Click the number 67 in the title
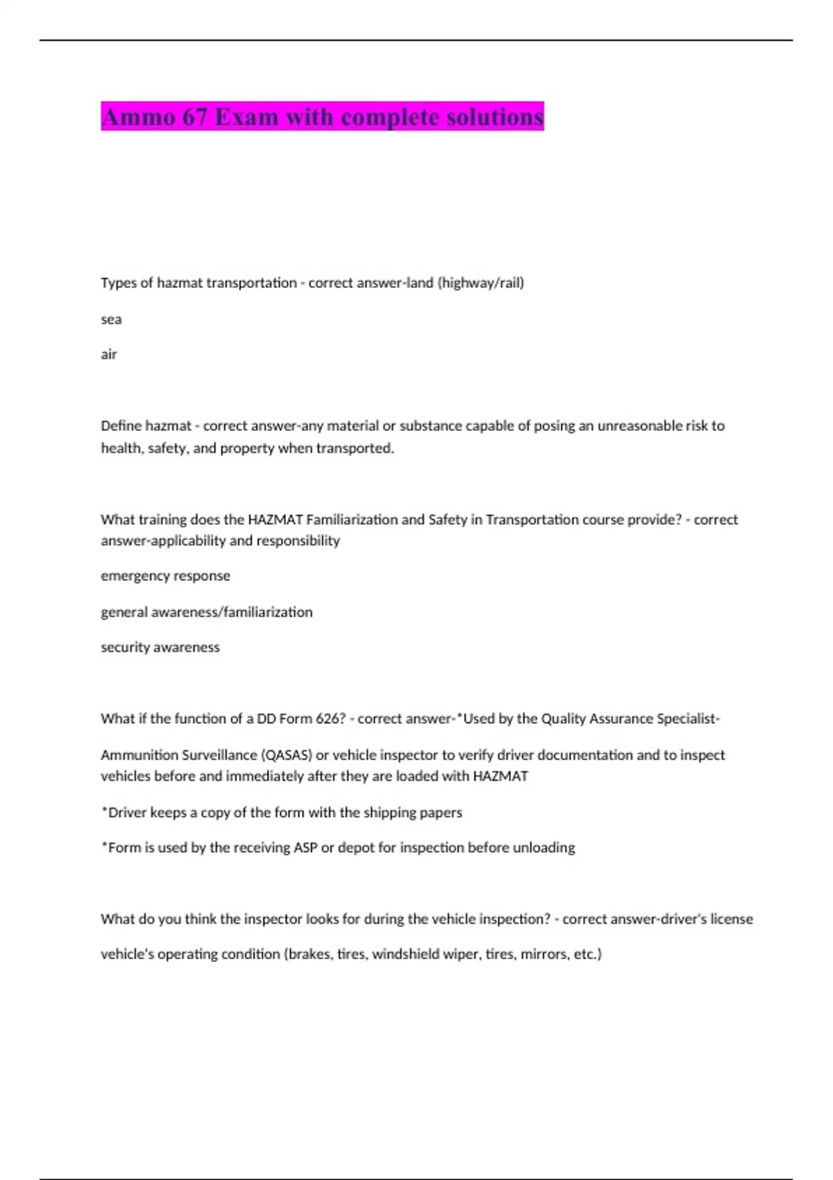coord(195,117)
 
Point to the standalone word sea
coord(111,319)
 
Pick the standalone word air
coord(109,355)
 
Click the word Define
coord(121,425)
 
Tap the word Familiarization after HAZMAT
coord(355,519)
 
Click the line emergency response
coord(165,575)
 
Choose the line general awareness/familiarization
coord(206,612)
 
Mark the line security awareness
coord(160,647)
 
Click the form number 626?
coord(330,718)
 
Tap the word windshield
coord(407,954)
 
